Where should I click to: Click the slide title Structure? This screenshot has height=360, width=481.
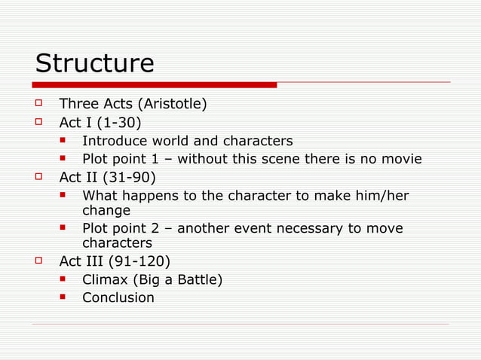point(94,63)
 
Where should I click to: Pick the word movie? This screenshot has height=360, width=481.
point(402,159)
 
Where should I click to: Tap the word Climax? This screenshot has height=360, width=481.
point(106,280)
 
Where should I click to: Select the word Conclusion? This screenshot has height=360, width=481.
point(118,297)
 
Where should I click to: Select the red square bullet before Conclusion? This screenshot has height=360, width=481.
point(65,297)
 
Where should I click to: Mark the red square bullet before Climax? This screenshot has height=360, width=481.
point(65,280)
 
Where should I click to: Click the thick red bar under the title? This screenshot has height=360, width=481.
point(155,85)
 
